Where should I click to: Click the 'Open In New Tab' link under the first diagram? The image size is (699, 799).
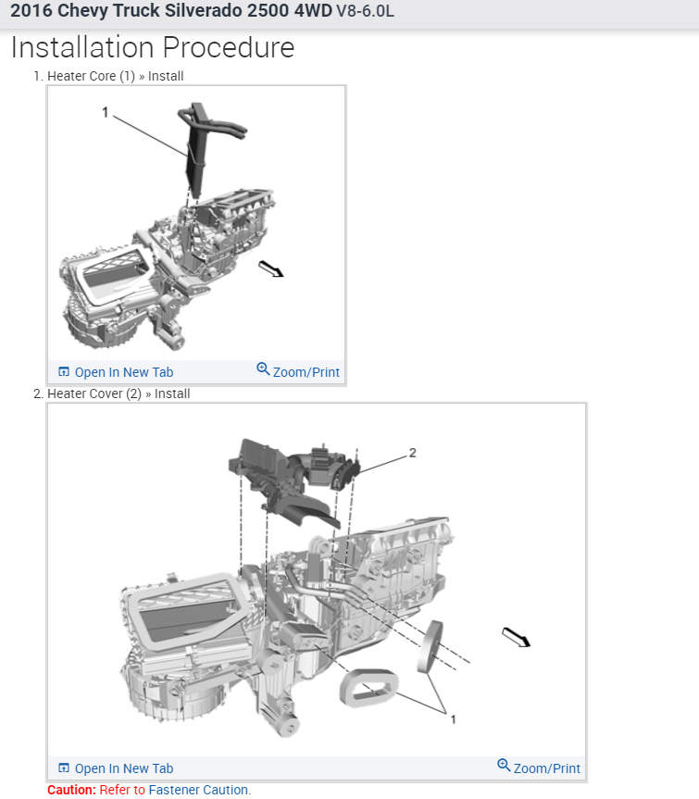click(123, 372)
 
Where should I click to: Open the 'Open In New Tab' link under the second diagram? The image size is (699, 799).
click(123, 768)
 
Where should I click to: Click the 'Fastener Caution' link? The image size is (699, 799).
click(199, 790)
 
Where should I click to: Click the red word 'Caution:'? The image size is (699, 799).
click(71, 790)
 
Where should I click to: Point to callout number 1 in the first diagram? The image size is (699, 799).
click(106, 112)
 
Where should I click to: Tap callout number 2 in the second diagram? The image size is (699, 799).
click(413, 453)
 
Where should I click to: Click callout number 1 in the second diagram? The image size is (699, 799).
click(453, 718)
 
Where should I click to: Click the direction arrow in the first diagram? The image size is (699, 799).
click(270, 268)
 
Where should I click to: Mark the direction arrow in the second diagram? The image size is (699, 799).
click(516, 637)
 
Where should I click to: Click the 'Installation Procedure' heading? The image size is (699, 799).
click(153, 48)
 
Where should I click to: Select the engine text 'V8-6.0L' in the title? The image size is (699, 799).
click(370, 13)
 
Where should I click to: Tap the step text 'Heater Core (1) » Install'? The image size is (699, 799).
click(115, 76)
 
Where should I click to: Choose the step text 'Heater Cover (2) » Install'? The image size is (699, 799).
click(119, 393)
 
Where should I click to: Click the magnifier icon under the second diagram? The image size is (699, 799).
click(504, 766)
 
